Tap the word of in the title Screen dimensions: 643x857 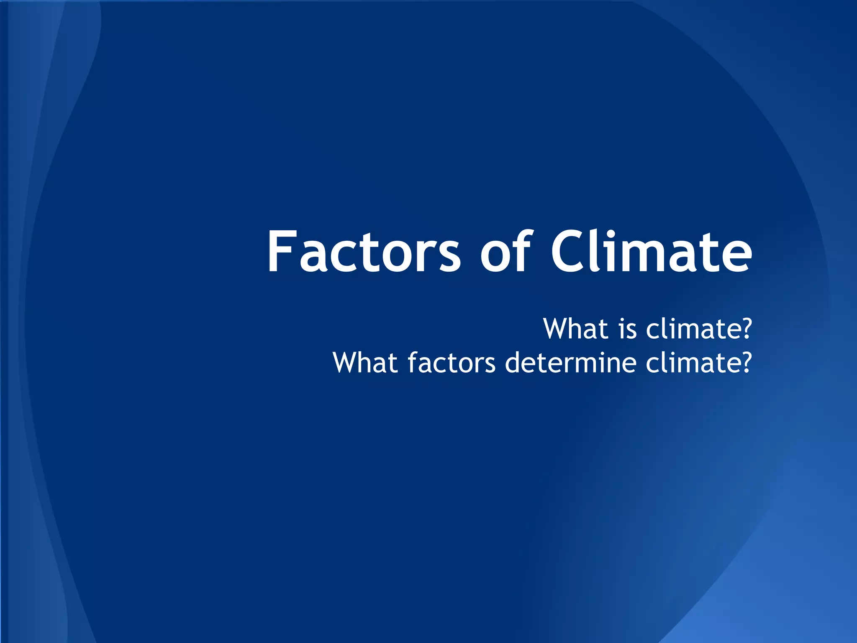click(x=505, y=252)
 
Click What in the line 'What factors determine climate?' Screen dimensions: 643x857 click(x=365, y=363)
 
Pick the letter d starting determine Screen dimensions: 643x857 click(x=513, y=363)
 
